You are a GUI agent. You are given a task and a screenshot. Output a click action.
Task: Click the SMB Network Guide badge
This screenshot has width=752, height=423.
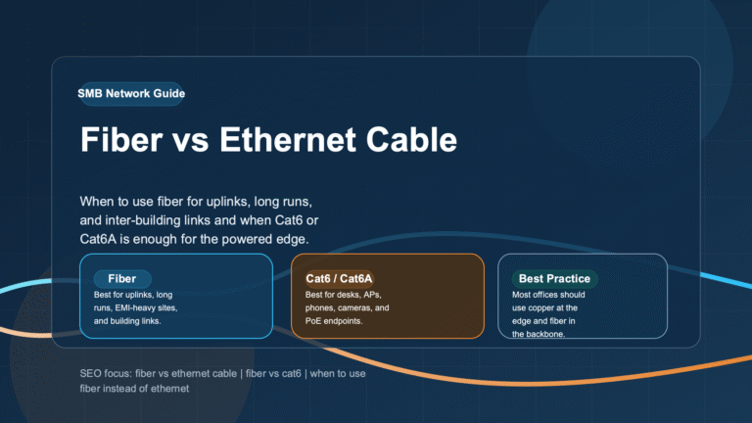[131, 94]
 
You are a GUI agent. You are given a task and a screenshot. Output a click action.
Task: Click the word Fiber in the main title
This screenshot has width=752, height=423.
[121, 140]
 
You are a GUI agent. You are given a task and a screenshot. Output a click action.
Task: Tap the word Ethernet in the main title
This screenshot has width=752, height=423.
[288, 140]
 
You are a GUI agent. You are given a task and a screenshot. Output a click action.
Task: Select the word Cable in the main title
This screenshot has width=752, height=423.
[411, 140]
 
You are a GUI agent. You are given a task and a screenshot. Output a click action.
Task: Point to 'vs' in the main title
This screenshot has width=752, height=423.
[191, 143]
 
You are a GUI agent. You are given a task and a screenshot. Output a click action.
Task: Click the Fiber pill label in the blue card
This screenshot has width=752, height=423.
[122, 279]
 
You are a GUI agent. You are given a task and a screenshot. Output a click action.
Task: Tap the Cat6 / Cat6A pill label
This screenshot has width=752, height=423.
[339, 279]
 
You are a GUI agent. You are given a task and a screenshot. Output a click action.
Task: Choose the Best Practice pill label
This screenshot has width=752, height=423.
[554, 279]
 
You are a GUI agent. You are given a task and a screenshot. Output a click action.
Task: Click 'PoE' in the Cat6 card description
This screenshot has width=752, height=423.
[312, 321]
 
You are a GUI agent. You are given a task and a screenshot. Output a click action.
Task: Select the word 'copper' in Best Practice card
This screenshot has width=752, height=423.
[540, 307]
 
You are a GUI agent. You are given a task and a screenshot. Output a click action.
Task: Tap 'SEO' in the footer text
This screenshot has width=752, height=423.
[90, 374]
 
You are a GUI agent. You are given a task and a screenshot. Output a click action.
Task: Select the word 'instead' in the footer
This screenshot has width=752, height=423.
[119, 389]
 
